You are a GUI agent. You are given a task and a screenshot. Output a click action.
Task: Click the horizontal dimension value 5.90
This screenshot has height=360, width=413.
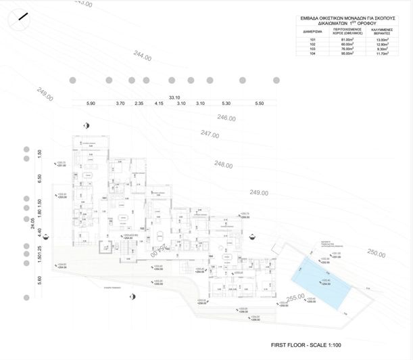(91, 103)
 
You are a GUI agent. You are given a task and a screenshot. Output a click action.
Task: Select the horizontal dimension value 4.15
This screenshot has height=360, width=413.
(160, 103)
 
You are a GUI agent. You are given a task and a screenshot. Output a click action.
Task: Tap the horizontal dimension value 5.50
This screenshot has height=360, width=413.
(259, 103)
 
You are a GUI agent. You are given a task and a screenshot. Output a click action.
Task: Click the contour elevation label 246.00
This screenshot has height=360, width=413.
(226, 118)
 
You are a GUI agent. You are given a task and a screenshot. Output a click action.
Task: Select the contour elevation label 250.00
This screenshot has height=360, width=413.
(376, 252)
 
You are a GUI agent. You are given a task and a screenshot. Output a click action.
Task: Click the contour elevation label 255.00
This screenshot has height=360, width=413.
(296, 297)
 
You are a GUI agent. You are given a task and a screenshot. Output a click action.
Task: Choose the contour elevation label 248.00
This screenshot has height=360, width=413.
(223, 164)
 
